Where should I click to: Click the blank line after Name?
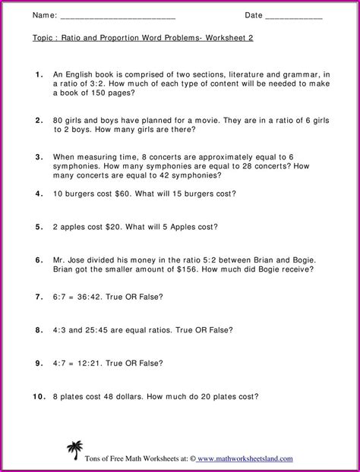pos(118,17)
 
